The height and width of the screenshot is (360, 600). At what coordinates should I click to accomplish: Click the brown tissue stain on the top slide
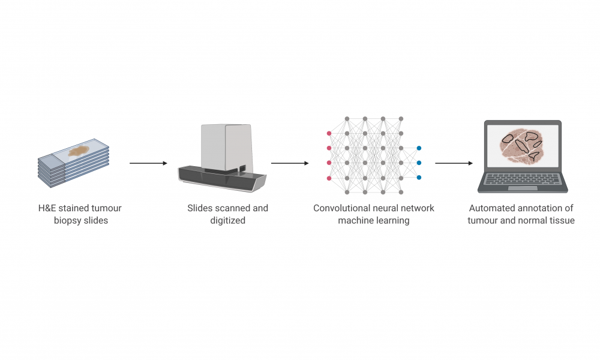(79, 151)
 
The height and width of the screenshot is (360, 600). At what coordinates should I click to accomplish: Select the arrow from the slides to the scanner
(148, 163)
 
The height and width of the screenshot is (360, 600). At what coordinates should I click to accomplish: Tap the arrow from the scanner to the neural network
(290, 163)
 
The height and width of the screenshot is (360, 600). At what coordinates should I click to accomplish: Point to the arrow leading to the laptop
(454, 163)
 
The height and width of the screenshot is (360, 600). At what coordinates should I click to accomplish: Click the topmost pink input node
(329, 133)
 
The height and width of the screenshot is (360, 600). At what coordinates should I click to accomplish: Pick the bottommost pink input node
(329, 178)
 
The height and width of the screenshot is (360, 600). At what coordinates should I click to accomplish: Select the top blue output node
(419, 148)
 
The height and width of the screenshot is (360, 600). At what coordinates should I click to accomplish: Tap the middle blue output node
(419, 163)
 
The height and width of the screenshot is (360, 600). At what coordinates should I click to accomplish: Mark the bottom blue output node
(419, 178)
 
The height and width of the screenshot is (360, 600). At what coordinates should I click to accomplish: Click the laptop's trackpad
(523, 188)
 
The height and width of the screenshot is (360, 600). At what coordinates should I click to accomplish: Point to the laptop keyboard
(523, 179)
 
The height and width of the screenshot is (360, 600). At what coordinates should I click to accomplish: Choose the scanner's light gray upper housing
(227, 147)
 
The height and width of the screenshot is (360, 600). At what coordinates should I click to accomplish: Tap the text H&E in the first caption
(47, 208)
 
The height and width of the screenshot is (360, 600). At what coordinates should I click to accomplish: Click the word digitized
(227, 221)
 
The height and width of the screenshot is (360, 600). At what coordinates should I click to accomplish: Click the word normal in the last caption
(532, 221)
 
